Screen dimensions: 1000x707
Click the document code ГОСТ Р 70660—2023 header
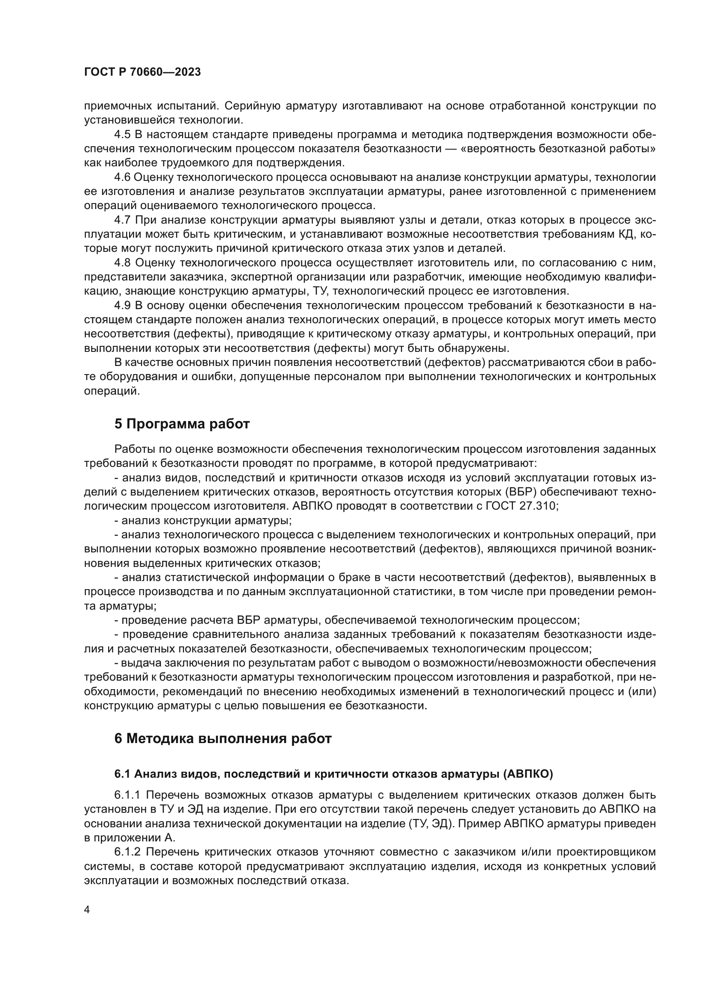coord(142,72)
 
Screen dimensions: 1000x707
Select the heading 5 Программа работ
coord(182,424)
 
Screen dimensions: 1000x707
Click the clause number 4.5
coord(122,135)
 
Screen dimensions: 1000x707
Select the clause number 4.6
coord(122,177)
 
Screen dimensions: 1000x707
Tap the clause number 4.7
coord(122,220)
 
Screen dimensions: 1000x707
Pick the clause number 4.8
coord(122,263)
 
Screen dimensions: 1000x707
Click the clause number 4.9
coord(122,305)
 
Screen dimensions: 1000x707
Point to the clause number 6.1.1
coord(127,795)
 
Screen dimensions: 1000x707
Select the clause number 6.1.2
coord(127,852)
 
